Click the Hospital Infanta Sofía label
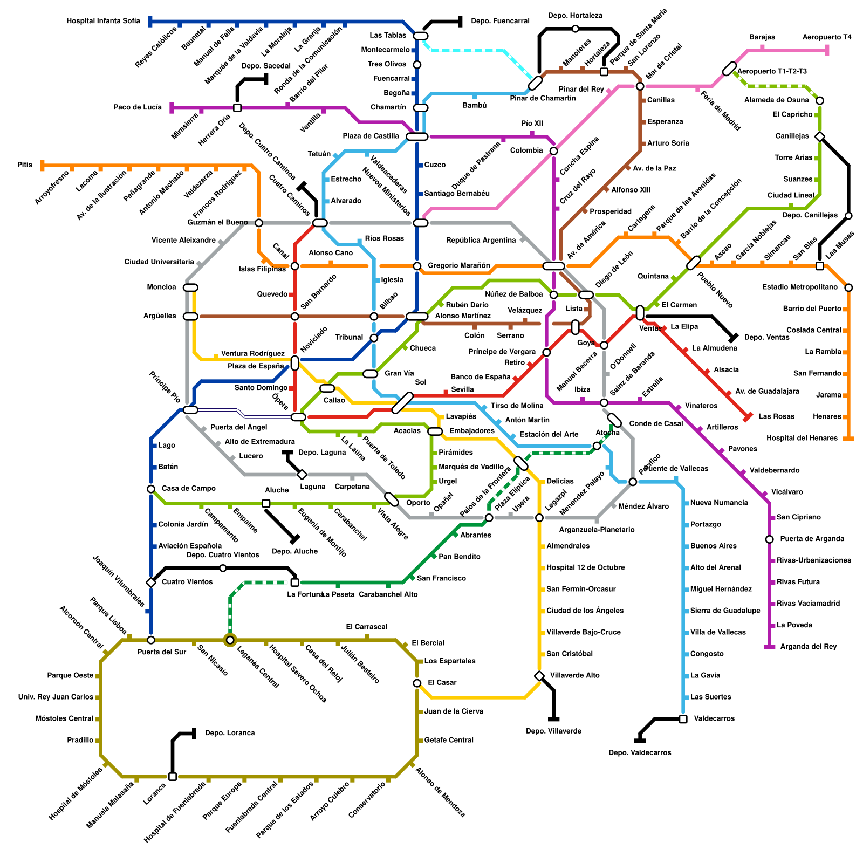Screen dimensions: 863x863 tap(103, 22)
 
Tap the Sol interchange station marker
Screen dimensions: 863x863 tap(402, 403)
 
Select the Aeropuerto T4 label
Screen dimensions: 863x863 tap(827, 37)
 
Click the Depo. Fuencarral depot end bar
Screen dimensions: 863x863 tap(460, 22)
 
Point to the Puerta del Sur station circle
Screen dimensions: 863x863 tap(151, 640)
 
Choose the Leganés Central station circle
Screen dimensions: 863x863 tap(230, 640)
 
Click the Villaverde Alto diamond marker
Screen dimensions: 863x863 tap(539, 676)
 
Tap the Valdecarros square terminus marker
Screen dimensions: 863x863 tap(683, 719)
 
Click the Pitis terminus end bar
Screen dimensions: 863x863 tap(43, 165)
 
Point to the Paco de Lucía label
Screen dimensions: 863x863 tap(138, 107)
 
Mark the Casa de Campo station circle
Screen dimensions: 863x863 tap(151, 489)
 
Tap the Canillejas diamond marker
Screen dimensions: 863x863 tap(820, 136)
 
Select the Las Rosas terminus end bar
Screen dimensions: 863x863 tap(748, 417)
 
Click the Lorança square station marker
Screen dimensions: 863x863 tap(173, 777)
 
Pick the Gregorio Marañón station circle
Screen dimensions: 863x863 tap(417, 266)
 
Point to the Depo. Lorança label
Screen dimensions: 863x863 tap(230, 733)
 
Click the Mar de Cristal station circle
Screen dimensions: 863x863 tap(640, 86)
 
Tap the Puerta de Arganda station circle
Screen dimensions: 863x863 tap(770, 539)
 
